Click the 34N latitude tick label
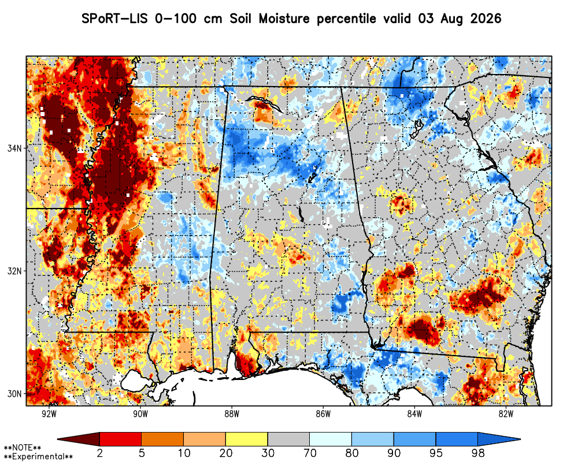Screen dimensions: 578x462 tap(14, 148)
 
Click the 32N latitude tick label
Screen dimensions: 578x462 tap(14, 271)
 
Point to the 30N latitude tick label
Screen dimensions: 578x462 tap(14, 394)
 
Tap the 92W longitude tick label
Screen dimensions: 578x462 tap(49, 414)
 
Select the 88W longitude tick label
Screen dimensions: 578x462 tap(232, 414)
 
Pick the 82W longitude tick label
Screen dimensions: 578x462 tap(506, 414)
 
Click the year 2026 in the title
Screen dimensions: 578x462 tap(486, 18)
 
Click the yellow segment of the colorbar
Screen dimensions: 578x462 tap(247, 439)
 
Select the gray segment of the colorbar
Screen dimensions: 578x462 tap(288, 439)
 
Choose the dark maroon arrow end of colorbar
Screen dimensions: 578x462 tap(79, 439)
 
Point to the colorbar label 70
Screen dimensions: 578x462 tap(310, 453)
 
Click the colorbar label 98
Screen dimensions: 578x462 tap(478, 453)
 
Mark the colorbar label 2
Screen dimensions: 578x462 tap(99, 453)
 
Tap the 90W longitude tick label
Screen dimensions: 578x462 tap(140, 414)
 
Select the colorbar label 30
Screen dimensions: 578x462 tap(268, 453)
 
